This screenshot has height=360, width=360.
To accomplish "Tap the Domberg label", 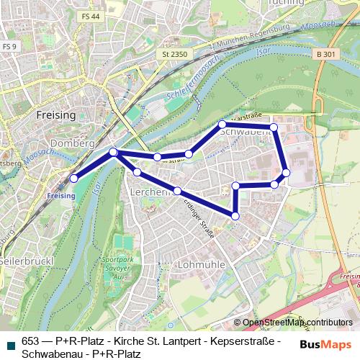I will pyautogui.click(x=73, y=143).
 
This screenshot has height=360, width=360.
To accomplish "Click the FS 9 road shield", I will pyautogui.click(x=9, y=46).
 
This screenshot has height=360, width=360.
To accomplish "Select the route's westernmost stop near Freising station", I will pyautogui.click(x=73, y=178).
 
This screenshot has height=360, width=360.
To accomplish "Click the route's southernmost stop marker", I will pyautogui.click(x=235, y=215).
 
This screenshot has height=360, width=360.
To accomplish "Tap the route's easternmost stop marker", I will pyautogui.click(x=286, y=173).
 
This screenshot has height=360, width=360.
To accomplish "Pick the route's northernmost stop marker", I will pyautogui.click(x=222, y=125).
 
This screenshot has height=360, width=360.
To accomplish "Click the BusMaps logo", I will pyautogui.click(x=325, y=344).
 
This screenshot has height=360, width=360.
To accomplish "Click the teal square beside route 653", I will pyautogui.click(x=10, y=342).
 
